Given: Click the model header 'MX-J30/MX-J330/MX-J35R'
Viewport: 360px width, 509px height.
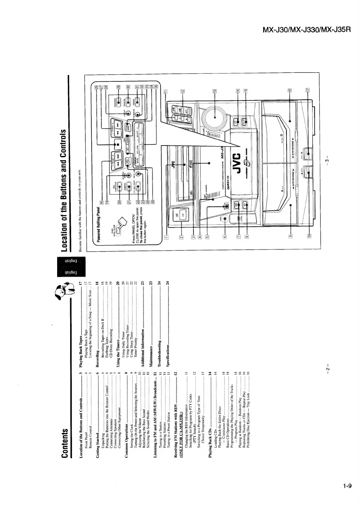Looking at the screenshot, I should (306, 30).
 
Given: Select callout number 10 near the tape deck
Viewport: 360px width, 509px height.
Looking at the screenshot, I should (309, 236).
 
